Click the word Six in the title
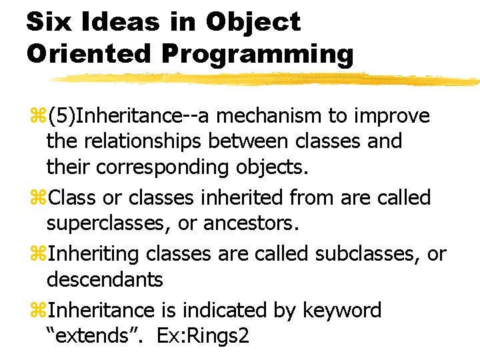tap(49, 22)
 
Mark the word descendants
tap(105, 280)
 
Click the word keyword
tap(341, 311)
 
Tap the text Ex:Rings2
tap(203, 337)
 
